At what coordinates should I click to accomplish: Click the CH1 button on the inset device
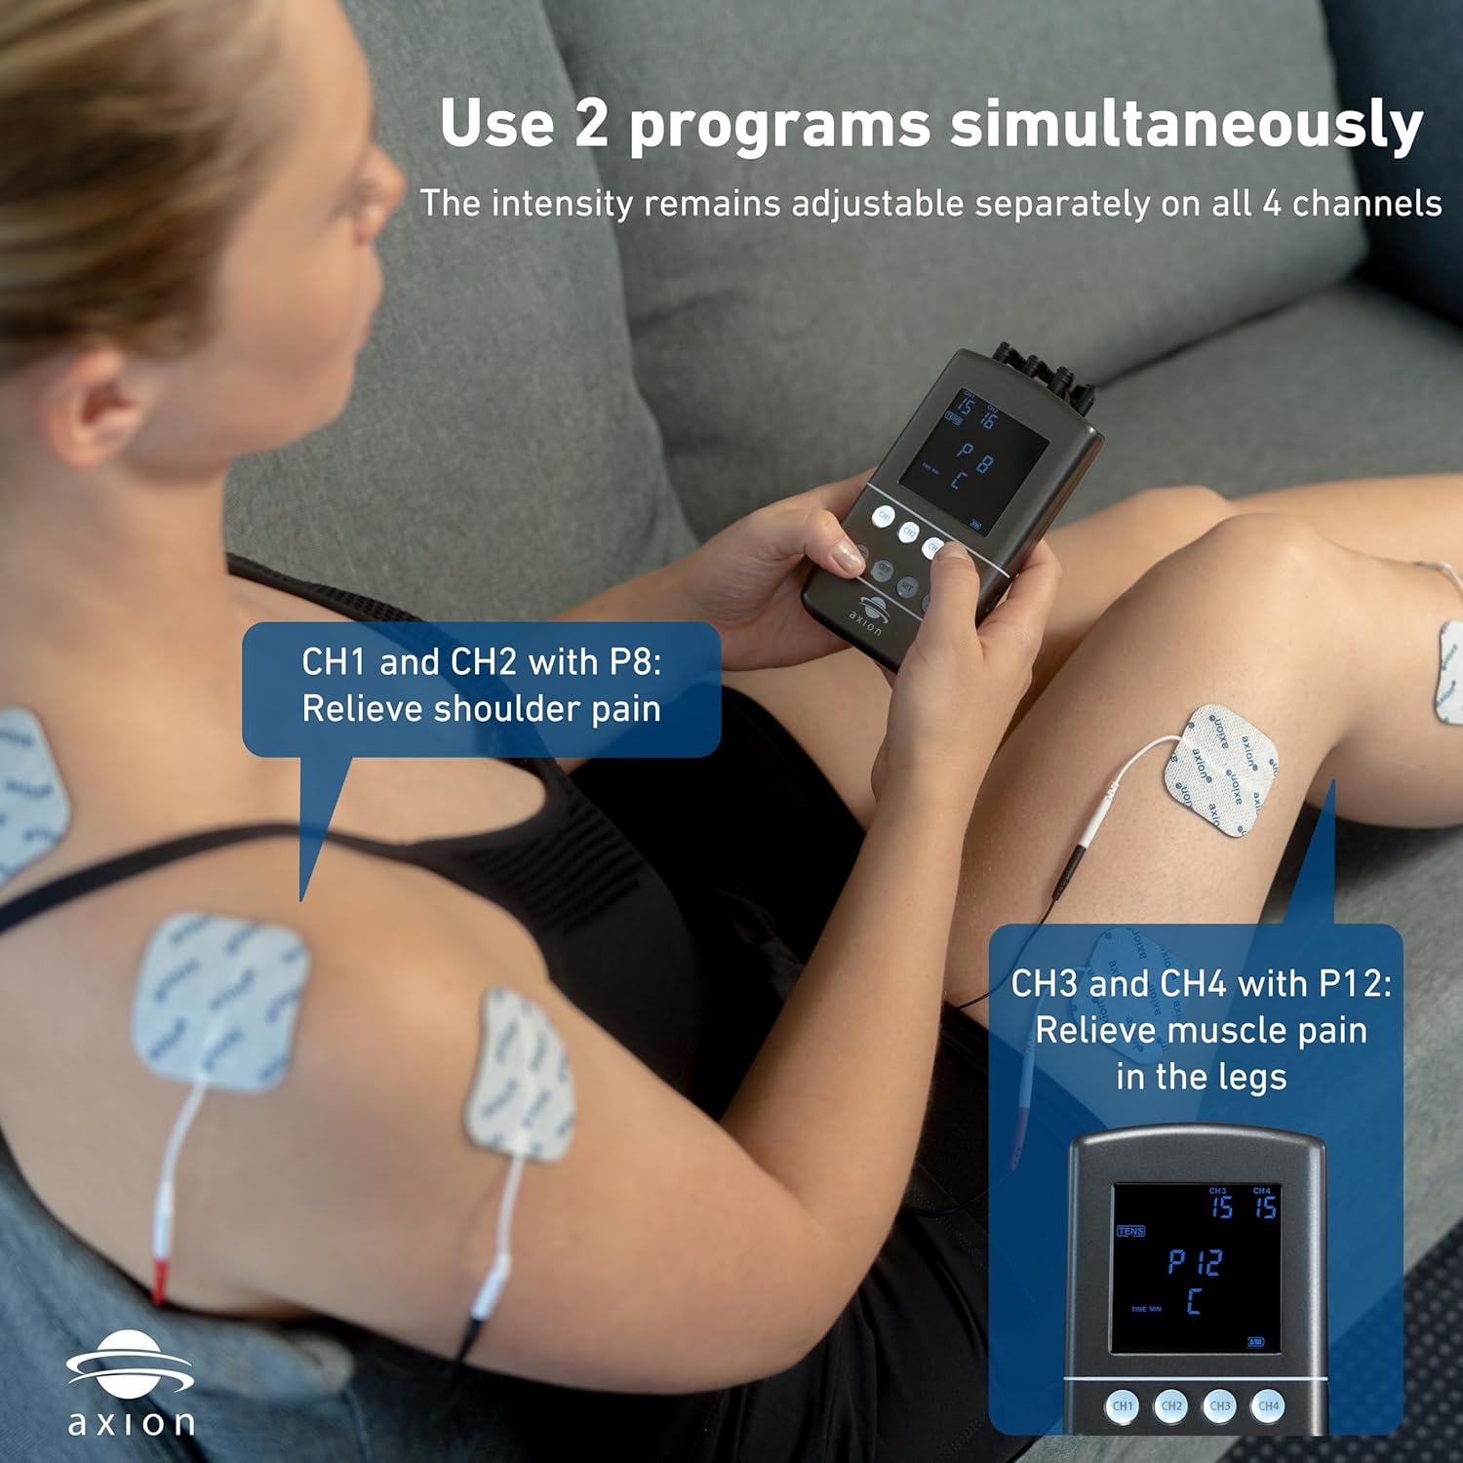pos(1123,1405)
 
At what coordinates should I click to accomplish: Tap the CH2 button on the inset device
pos(1171,1405)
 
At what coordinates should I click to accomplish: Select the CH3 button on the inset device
pos(1220,1405)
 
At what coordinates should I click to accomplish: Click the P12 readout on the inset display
pos(1196,1262)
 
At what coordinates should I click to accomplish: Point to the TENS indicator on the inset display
pos(1130,1231)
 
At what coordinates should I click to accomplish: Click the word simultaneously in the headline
pos(1186,125)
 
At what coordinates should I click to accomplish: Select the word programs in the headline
pos(778,127)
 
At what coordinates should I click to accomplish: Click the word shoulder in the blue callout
pos(507,709)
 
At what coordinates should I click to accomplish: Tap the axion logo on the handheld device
pos(867,612)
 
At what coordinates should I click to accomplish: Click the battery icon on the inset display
pos(1256,1342)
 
